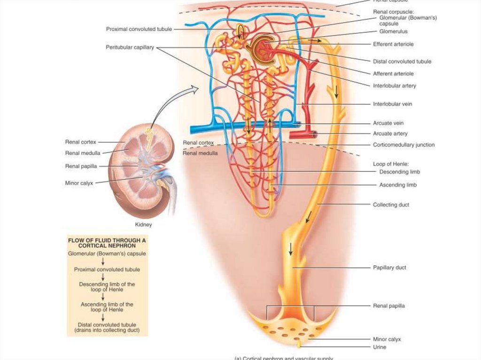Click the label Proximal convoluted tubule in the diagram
[x=139, y=29]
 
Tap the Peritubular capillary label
[x=130, y=47]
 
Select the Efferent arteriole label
[x=393, y=44]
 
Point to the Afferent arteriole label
[x=393, y=74]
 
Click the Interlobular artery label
[x=394, y=86]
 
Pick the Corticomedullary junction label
[x=403, y=145]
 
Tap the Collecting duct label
[x=391, y=205]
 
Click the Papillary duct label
[x=389, y=268]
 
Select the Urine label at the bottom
[x=380, y=347]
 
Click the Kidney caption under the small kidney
[x=142, y=225]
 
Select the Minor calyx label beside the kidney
[x=78, y=183]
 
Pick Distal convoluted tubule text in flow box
[x=108, y=324]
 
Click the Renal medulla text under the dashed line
[x=200, y=153]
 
